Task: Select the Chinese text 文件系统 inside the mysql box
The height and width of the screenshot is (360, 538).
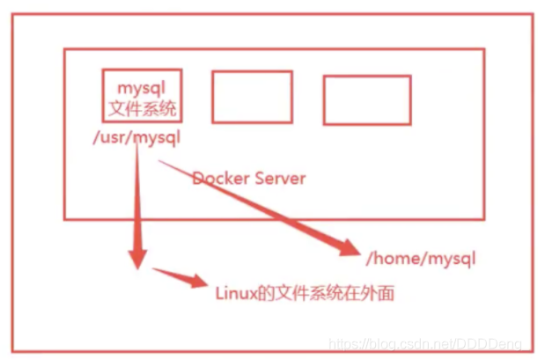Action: tap(141, 109)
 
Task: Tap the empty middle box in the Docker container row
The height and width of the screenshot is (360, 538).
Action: tap(252, 97)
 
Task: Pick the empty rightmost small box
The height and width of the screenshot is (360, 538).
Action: tap(366, 99)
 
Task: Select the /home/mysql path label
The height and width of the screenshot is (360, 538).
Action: tap(419, 258)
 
